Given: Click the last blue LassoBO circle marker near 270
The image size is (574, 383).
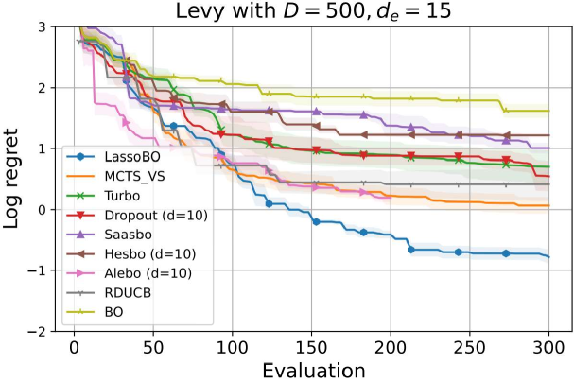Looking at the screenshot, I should [506, 253].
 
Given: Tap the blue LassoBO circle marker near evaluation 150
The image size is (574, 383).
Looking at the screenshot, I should [317, 222].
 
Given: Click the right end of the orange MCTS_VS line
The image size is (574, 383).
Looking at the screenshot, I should [549, 205].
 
